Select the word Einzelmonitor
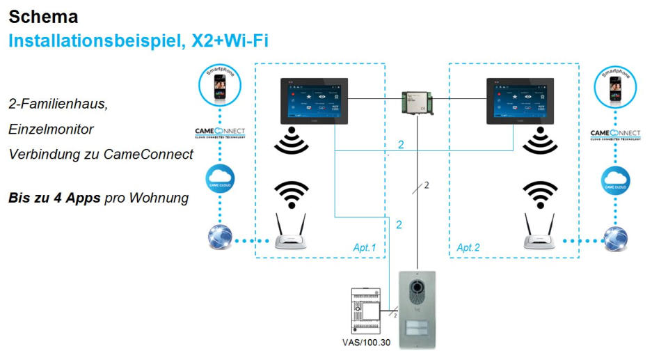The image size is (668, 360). tap(51, 130)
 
